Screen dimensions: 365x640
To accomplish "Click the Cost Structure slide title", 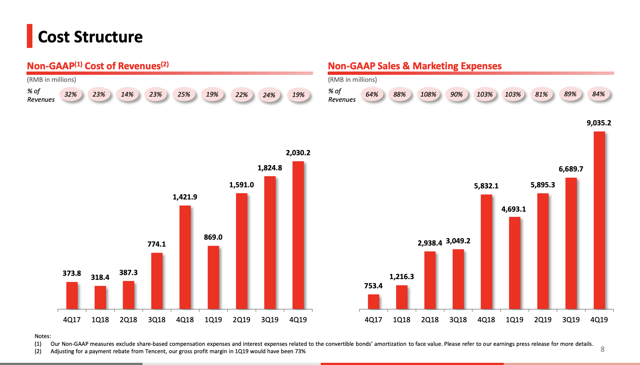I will (x=90, y=37).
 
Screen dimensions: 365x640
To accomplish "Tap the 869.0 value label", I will (x=213, y=237).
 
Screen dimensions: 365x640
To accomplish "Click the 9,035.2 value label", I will (x=599, y=123).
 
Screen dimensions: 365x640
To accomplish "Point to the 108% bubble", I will (x=428, y=94).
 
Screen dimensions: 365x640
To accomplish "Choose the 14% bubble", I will (x=127, y=94).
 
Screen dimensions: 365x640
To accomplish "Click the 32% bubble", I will (x=70, y=94).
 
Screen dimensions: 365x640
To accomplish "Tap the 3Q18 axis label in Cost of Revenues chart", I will (x=157, y=320).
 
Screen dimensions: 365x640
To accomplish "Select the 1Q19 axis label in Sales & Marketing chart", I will (x=514, y=320).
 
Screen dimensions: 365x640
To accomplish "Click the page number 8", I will (x=602, y=349).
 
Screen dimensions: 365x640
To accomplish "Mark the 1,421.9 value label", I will (x=185, y=197).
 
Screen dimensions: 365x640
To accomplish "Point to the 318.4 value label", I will (x=100, y=277).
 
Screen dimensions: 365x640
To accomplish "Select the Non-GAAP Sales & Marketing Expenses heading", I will (x=415, y=66).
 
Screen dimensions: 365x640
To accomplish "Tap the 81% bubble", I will (x=541, y=94).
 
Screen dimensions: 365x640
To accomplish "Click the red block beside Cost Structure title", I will (x=29, y=36).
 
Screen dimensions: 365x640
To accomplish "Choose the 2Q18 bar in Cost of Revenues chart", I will (x=129, y=295).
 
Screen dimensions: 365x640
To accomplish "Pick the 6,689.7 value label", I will (x=571, y=169).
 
